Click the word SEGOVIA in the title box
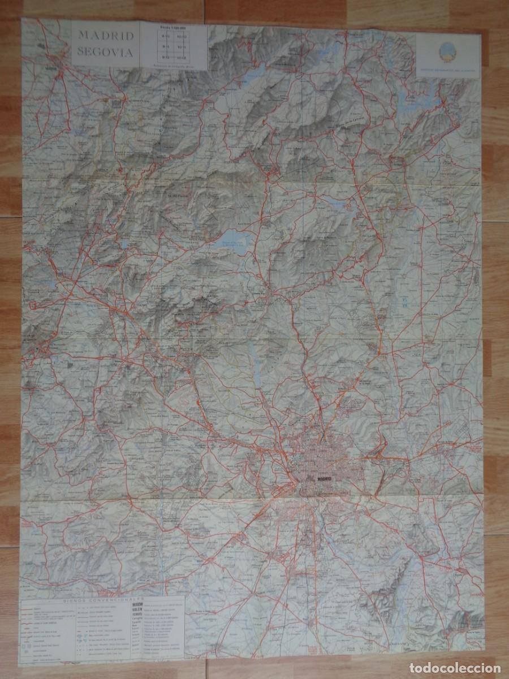[106, 53]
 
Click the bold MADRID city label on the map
[325, 479]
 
